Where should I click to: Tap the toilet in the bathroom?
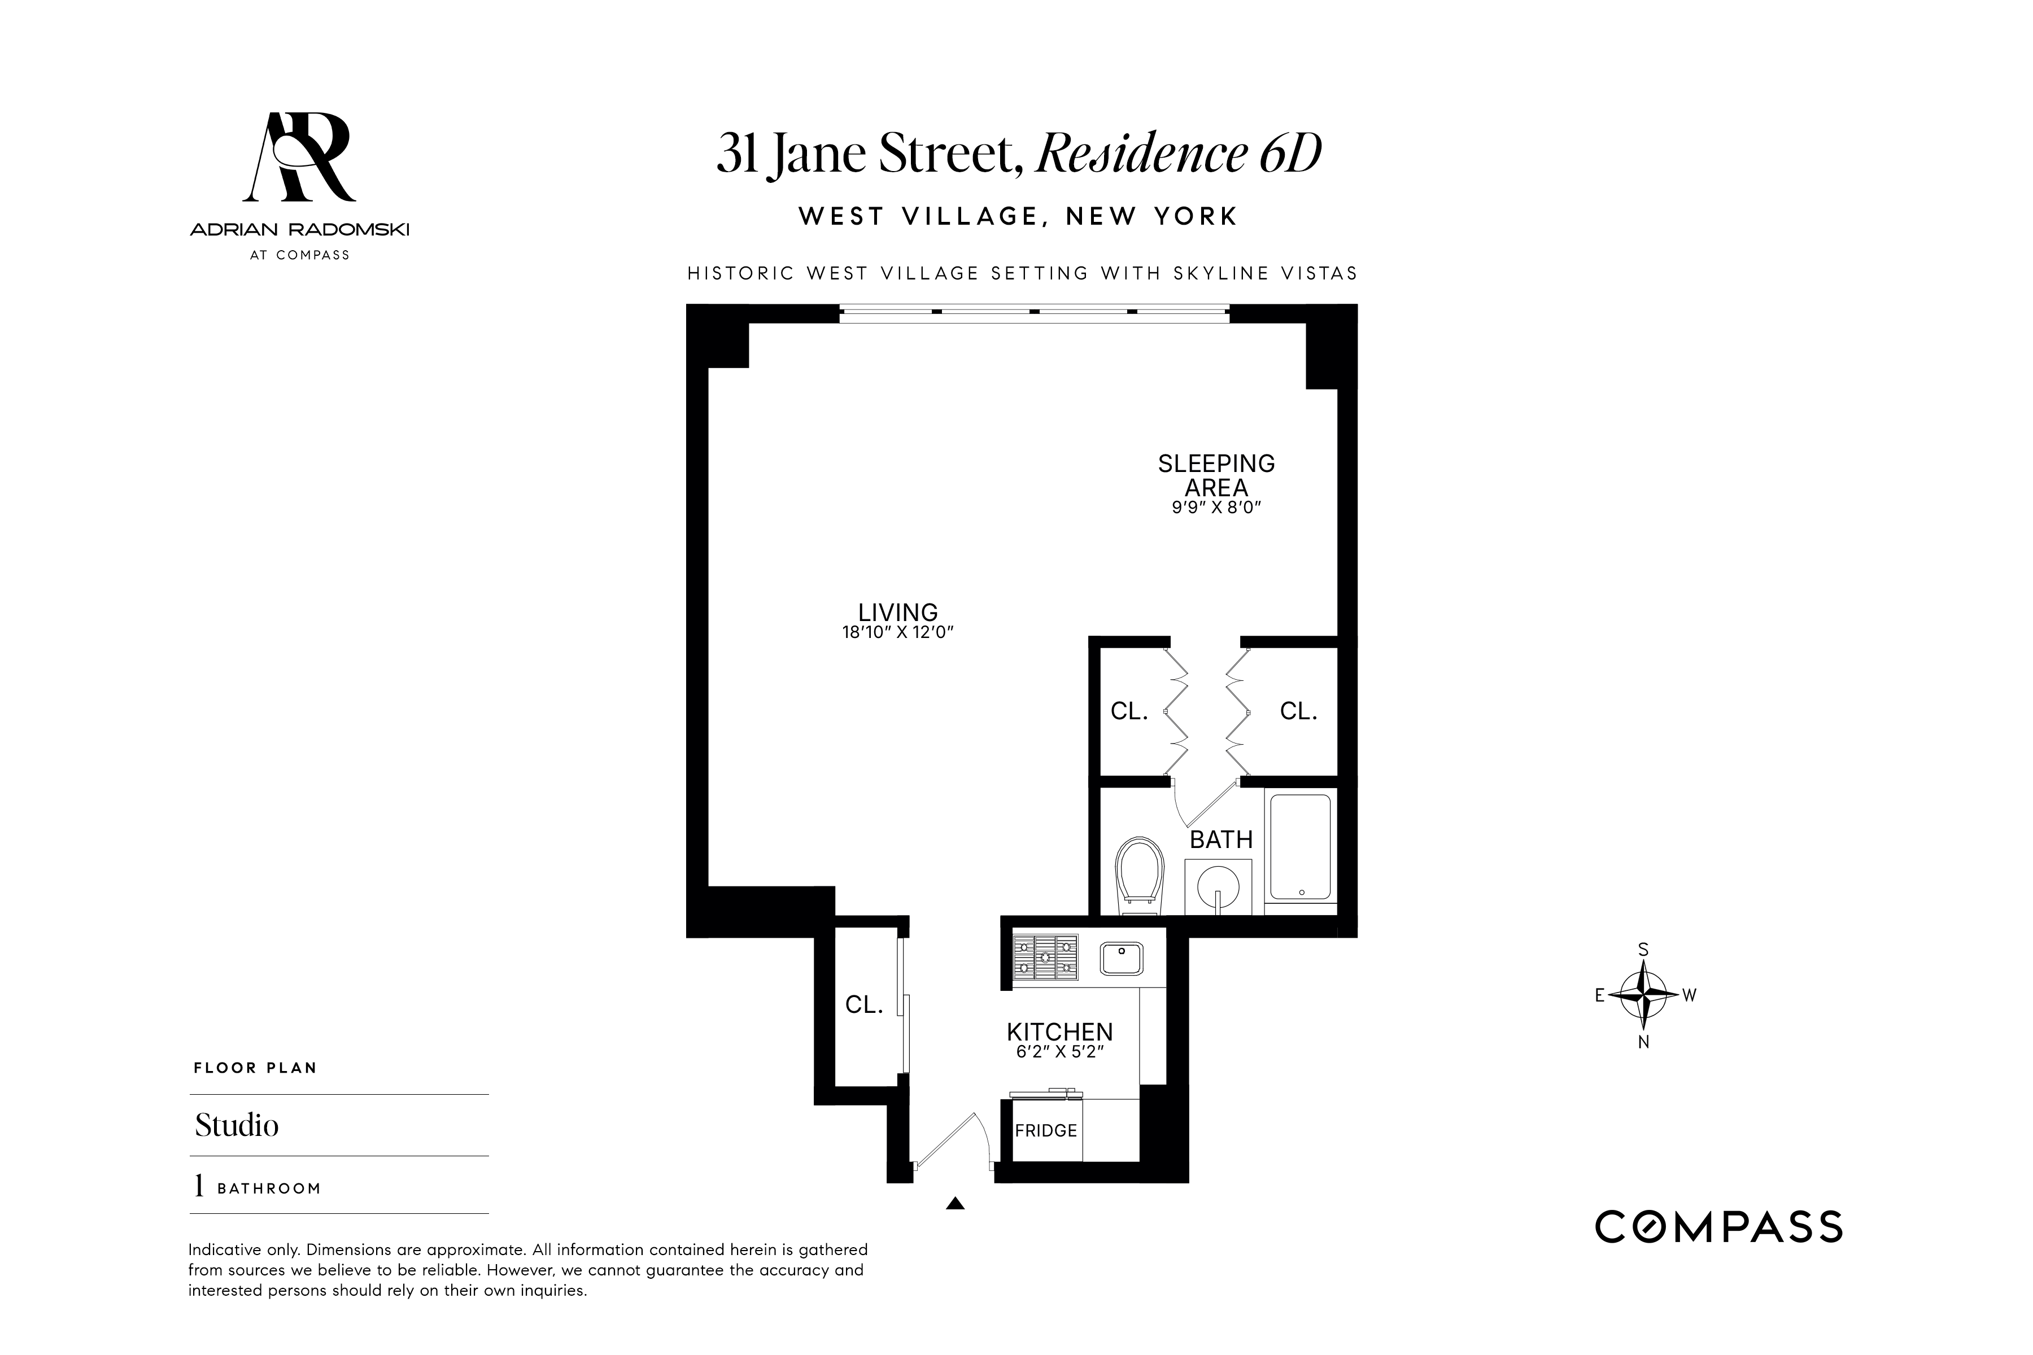click(1139, 873)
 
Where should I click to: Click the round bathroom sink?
click(1218, 886)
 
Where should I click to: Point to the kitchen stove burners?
click(1045, 958)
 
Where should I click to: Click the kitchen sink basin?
click(1121, 958)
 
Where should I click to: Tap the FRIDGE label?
click(1046, 1130)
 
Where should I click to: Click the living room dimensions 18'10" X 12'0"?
click(897, 632)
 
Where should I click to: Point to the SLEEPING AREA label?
click(1216, 475)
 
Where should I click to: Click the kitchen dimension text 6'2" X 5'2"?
click(1060, 1052)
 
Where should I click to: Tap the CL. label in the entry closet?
click(863, 1004)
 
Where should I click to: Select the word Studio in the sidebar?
click(237, 1125)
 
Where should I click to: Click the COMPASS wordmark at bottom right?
click(1718, 1227)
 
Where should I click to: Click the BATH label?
click(1220, 839)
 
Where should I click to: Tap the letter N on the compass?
click(1643, 1042)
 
